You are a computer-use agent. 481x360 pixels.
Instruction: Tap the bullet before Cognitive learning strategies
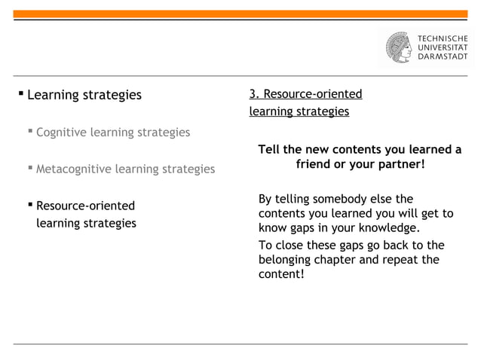(x=30, y=133)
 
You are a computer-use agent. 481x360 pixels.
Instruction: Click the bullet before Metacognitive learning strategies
(x=30, y=169)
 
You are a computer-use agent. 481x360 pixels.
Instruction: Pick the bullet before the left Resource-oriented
(x=30, y=205)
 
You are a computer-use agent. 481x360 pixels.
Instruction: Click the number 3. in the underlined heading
(x=255, y=94)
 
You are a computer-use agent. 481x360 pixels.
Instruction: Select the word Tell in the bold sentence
(x=270, y=150)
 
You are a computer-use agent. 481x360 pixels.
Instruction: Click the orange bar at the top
(x=240, y=14)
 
